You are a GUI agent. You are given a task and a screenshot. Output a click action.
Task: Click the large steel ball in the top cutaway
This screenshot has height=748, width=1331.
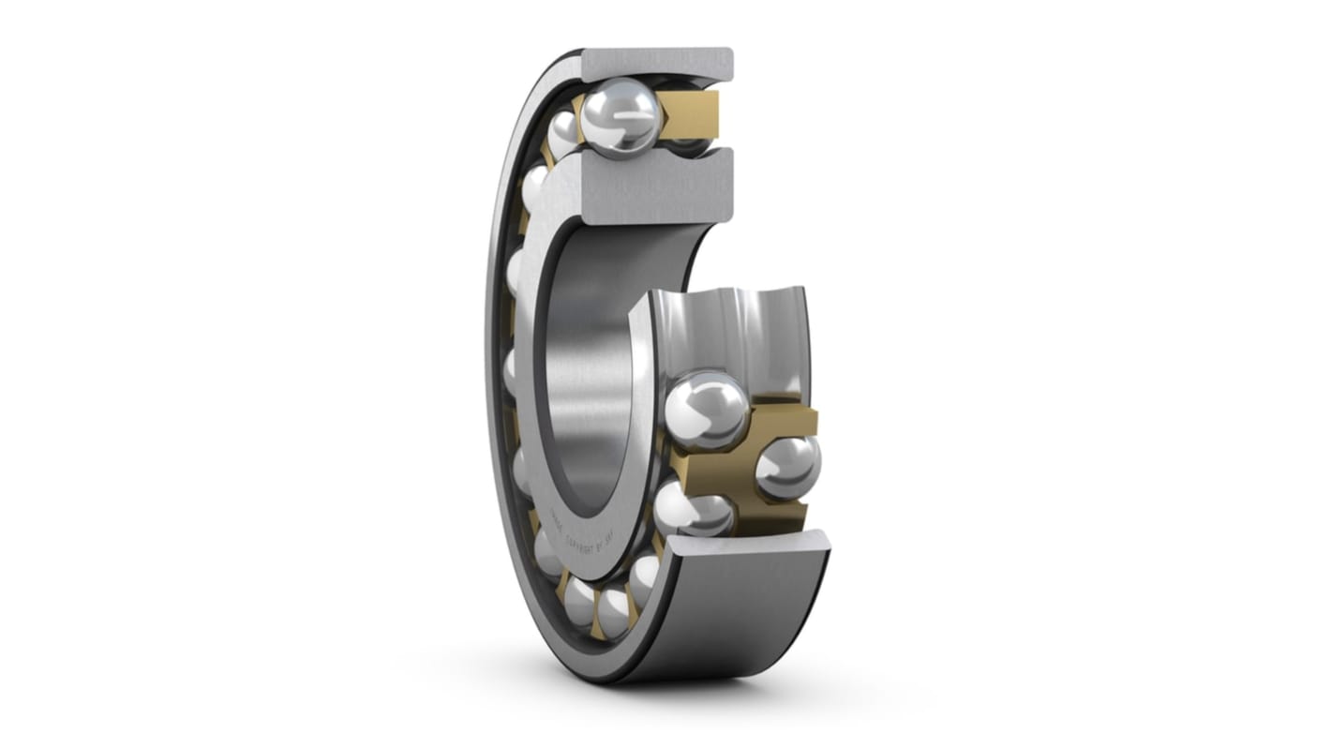point(620,118)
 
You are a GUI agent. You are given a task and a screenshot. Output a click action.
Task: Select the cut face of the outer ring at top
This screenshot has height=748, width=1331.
point(656,63)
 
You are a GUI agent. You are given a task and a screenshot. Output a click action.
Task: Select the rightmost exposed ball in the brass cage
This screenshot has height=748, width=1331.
point(787,467)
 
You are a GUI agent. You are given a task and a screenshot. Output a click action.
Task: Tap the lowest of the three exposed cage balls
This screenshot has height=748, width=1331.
point(692,509)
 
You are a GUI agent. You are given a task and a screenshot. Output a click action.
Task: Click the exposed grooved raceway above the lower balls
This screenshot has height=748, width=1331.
point(731,328)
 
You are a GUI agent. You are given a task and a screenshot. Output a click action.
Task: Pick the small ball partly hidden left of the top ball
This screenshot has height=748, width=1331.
point(563,134)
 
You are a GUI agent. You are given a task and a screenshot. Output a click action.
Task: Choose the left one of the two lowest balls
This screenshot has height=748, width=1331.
point(579,601)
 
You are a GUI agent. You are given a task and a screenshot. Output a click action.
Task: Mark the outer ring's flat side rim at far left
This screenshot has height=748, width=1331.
point(495,375)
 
